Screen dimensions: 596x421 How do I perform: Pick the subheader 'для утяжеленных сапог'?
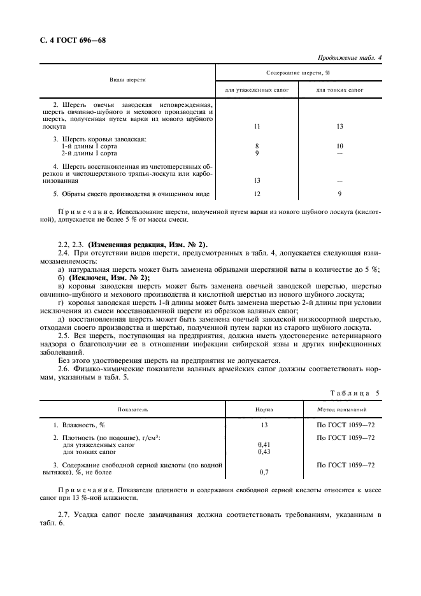(x=257, y=90)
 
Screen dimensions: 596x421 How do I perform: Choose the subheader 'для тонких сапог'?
(x=339, y=90)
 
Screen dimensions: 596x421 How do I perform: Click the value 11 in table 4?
(x=257, y=126)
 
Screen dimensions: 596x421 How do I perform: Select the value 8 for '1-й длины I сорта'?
(x=257, y=146)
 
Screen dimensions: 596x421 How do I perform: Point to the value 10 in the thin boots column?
(x=339, y=146)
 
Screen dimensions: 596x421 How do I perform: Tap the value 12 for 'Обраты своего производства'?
(x=257, y=194)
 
